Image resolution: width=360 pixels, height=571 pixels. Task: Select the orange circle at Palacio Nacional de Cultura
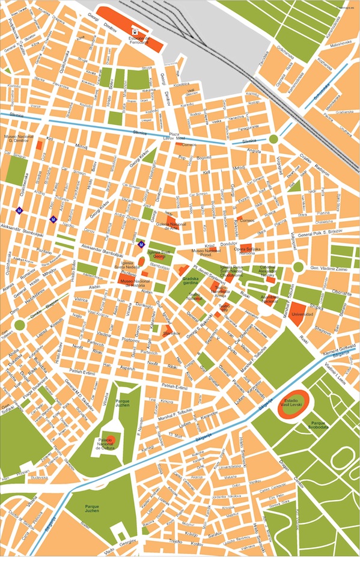tap(110, 438)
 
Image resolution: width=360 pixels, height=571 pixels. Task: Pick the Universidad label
tap(302, 313)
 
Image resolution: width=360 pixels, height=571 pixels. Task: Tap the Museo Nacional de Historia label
tap(135, 282)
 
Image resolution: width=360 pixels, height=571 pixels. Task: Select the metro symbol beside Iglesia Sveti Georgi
tap(142, 244)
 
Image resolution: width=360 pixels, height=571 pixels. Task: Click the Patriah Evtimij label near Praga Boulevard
tap(82, 371)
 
